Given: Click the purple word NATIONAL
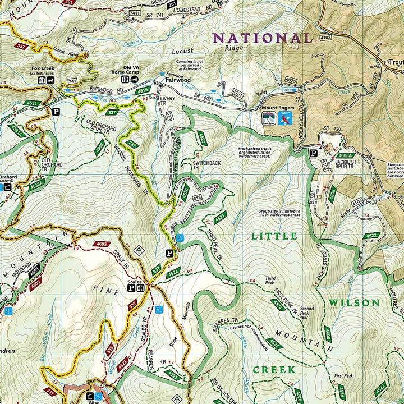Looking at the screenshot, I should (263, 38).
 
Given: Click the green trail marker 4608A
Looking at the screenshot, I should (346, 155).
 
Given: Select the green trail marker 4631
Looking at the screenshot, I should (33, 103).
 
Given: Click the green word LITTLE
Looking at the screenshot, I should (274, 236).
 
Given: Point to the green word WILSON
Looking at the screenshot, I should (354, 303).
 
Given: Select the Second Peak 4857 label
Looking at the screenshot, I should (306, 311).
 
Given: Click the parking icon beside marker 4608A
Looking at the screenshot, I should (313, 152).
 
